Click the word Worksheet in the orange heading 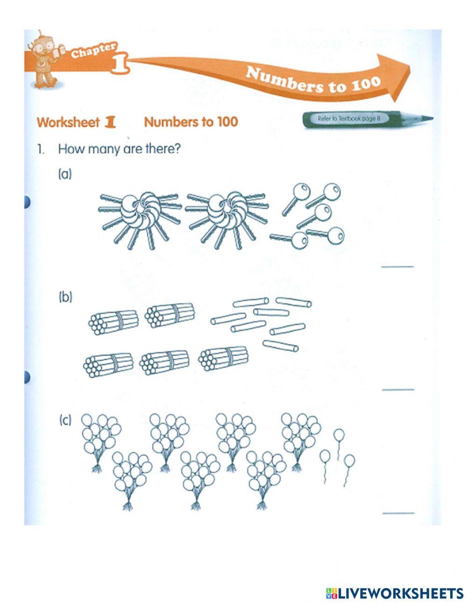click(68, 122)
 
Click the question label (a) click(64, 175)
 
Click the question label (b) click(65, 298)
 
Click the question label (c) click(65, 421)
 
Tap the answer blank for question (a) click(398, 266)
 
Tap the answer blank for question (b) click(398, 389)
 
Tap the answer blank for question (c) click(398, 512)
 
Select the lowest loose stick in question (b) click(280, 346)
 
